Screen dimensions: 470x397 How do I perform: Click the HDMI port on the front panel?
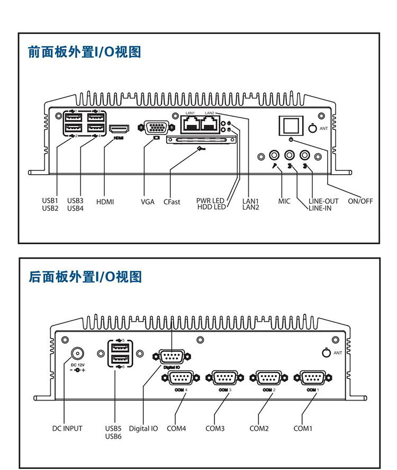120,129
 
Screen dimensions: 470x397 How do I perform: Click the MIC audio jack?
274,156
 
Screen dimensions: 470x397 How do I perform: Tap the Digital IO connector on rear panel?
171,357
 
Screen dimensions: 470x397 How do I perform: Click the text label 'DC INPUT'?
67,428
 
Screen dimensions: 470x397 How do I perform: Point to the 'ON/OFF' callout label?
360,202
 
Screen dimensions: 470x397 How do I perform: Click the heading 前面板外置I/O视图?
85,52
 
